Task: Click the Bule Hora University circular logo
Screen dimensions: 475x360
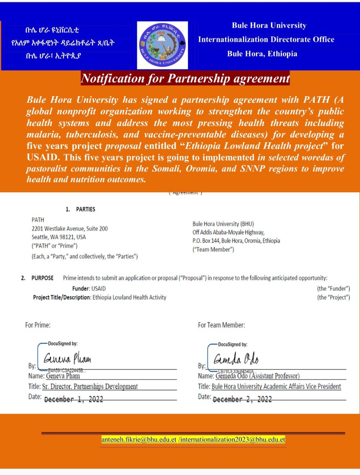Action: pos(162,45)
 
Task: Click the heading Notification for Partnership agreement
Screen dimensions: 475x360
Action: pos(185,79)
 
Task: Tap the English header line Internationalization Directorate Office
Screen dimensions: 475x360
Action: pos(266,39)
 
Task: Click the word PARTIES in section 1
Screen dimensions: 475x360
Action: pos(85,209)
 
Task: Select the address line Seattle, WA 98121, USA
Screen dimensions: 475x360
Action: pos(59,237)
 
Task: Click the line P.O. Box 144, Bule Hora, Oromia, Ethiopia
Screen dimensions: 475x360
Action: pos(236,241)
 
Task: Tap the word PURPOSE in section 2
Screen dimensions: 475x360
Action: pos(42,278)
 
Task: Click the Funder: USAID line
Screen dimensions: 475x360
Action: pos(89,288)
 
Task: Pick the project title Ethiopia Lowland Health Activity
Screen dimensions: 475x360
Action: pos(129,297)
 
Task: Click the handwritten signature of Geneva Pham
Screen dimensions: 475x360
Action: pos(67,359)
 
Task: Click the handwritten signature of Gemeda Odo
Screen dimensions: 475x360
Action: pos(236,359)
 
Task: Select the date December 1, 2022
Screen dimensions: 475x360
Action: pos(73,399)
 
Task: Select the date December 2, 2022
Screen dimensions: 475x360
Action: pos(242,399)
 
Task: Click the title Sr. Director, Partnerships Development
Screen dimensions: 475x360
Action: pos(90,386)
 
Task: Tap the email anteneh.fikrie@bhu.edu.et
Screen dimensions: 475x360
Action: pos(139,440)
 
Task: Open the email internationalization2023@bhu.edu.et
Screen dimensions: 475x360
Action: pos(232,440)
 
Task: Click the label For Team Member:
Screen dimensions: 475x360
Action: pos(221,325)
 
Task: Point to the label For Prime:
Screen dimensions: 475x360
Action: pos(38,325)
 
